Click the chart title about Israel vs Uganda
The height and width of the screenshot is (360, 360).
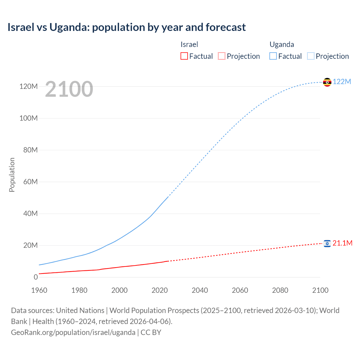click(127, 27)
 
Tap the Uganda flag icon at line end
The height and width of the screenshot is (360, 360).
click(327, 82)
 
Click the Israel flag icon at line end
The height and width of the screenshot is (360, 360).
click(327, 243)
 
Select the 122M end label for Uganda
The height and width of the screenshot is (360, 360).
click(342, 82)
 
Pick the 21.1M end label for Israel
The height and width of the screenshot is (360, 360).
click(342, 243)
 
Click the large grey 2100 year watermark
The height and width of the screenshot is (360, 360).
click(69, 89)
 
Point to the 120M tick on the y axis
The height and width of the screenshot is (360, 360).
click(28, 86)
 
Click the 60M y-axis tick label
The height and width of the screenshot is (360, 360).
click(30, 182)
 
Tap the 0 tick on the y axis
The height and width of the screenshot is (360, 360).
click(35, 277)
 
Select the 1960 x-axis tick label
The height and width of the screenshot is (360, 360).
click(39, 290)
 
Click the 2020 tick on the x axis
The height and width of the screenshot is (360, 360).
click(159, 290)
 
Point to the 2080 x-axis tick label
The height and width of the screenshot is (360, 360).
click(280, 290)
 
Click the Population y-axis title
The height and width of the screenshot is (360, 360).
click(12, 175)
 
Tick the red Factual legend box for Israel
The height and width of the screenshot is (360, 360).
click(184, 56)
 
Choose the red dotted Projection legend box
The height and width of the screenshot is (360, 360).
click(222, 56)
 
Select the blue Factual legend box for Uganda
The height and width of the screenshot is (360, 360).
click(273, 56)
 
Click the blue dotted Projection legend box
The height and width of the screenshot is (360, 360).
click(311, 56)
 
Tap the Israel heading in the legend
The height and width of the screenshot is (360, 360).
click(189, 44)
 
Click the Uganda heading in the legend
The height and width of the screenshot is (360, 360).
click(282, 44)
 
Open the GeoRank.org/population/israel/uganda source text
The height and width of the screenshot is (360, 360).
click(73, 332)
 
